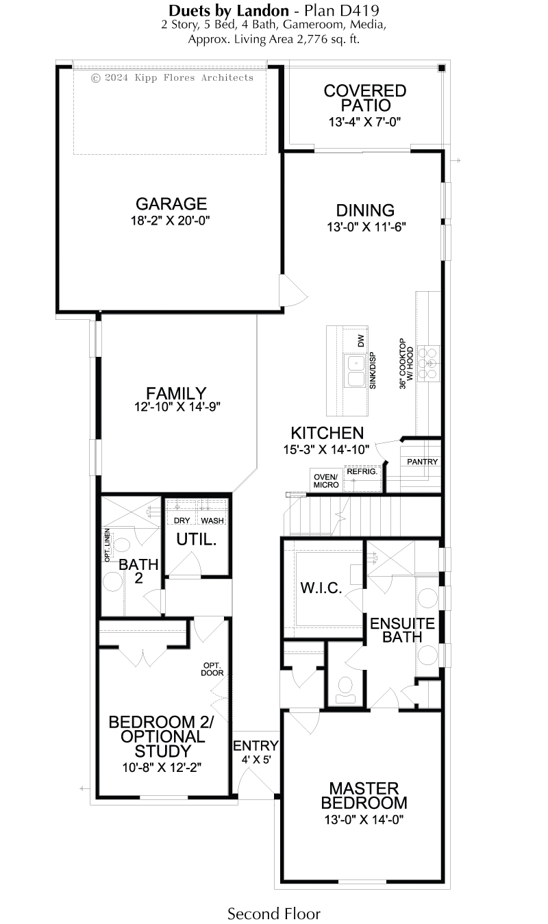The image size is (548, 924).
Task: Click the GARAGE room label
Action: point(171,204)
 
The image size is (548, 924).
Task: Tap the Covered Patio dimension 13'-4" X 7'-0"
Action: point(365,122)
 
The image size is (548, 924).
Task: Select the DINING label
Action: point(365,210)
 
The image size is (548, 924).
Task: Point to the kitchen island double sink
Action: point(356,371)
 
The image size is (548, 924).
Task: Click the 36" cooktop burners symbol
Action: point(428,364)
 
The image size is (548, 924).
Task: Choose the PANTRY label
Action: point(422,462)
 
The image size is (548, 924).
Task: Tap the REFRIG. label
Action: point(362,471)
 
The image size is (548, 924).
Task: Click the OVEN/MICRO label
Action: point(326,481)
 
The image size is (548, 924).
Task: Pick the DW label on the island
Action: point(362,340)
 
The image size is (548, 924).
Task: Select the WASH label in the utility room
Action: point(212,521)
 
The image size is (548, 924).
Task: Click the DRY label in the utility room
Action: point(182,521)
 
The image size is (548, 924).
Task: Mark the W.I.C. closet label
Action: point(321,588)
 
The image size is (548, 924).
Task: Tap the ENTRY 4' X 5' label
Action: point(256,752)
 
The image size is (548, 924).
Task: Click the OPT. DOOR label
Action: point(212,669)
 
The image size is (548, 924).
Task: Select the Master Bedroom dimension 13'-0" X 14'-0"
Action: point(364,820)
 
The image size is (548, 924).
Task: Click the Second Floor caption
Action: point(274,913)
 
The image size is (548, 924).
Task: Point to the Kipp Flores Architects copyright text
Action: point(172,77)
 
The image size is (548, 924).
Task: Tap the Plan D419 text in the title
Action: point(342,10)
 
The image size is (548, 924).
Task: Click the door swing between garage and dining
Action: point(294,291)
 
